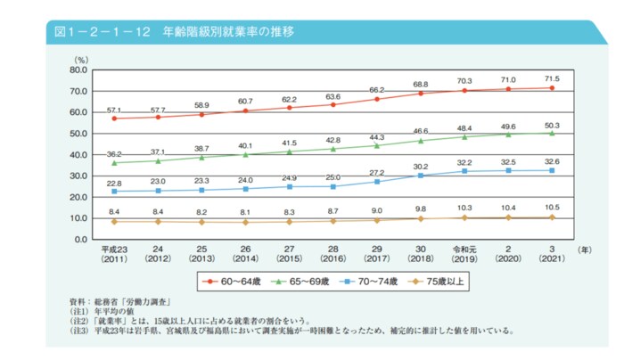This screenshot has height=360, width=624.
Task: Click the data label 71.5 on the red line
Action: point(552,78)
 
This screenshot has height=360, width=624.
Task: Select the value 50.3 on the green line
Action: point(552,124)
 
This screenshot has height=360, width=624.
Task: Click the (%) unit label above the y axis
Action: point(81,59)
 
